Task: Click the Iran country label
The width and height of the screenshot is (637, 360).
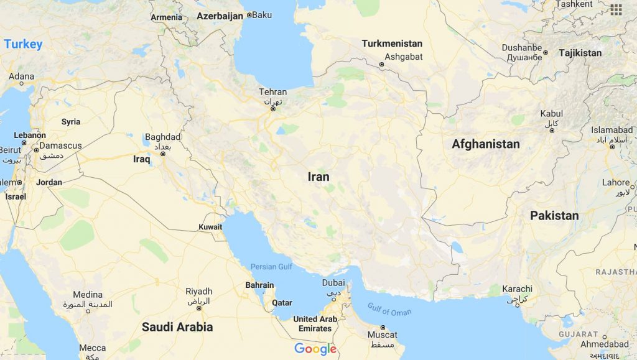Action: (x=318, y=177)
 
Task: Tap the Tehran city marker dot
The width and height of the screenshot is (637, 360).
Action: (x=272, y=109)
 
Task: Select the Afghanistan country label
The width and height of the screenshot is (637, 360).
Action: (x=485, y=144)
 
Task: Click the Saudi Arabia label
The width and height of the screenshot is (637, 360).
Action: (x=177, y=327)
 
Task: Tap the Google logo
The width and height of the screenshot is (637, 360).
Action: (x=315, y=349)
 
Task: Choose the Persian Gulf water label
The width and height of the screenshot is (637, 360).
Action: (x=271, y=267)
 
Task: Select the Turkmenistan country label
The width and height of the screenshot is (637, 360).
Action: (x=392, y=44)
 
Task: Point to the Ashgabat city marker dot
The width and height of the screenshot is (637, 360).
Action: (x=381, y=64)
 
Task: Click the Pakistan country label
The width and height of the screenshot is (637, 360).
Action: (x=554, y=216)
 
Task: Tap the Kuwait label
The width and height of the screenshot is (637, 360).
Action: (x=210, y=227)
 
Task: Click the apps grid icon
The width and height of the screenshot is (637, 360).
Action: (x=616, y=9)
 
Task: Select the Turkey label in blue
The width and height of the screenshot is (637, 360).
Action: (x=23, y=44)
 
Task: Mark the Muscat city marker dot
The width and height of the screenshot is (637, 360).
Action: (x=383, y=328)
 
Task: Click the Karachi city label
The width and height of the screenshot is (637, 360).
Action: (x=517, y=289)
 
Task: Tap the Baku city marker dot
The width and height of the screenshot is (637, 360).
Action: (x=249, y=14)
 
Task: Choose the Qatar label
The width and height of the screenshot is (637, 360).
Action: (x=282, y=303)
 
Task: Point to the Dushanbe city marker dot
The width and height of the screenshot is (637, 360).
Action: (x=546, y=53)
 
